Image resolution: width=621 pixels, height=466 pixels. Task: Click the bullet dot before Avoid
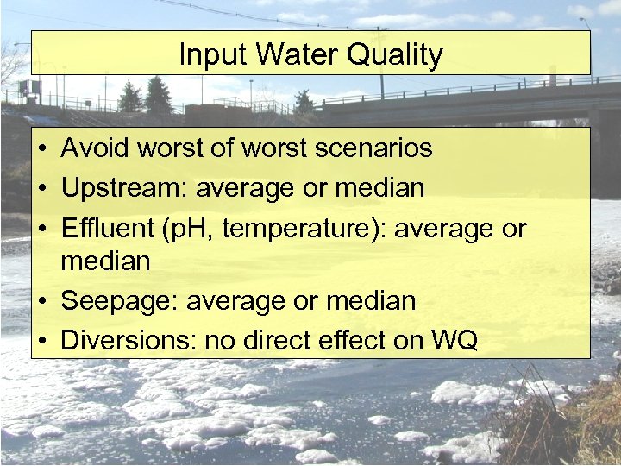coord(41,149)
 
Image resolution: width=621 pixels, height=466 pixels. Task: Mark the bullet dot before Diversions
coord(41,341)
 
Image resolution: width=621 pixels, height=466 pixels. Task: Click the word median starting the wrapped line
coord(105,261)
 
